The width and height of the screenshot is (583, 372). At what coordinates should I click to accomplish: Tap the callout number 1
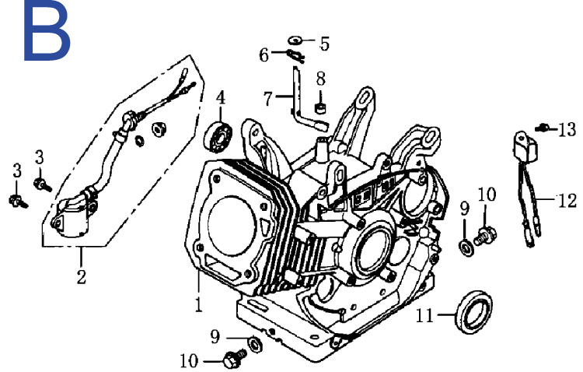pos(199,304)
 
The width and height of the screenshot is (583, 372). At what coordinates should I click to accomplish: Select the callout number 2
pos(82,277)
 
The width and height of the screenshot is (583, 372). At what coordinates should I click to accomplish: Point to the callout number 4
pos(221,98)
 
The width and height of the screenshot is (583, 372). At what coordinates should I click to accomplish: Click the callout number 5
pos(325,44)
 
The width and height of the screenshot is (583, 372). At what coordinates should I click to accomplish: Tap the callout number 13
pos(567,130)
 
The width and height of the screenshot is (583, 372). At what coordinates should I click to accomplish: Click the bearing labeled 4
pos(218,136)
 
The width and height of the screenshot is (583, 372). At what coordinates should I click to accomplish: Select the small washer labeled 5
pos(295,40)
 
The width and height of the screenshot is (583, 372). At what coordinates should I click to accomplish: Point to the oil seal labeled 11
pos(473,312)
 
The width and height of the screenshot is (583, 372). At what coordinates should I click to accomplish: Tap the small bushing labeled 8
pos(320,107)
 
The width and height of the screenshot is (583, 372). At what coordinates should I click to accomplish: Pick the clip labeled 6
pos(295,55)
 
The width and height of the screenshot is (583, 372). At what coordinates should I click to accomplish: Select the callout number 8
pos(321,79)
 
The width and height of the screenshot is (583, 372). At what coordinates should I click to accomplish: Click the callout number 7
pos(268,99)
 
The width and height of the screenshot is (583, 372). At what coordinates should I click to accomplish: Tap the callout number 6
pos(264,55)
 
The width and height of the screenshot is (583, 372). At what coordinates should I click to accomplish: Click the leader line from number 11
pos(446,314)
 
